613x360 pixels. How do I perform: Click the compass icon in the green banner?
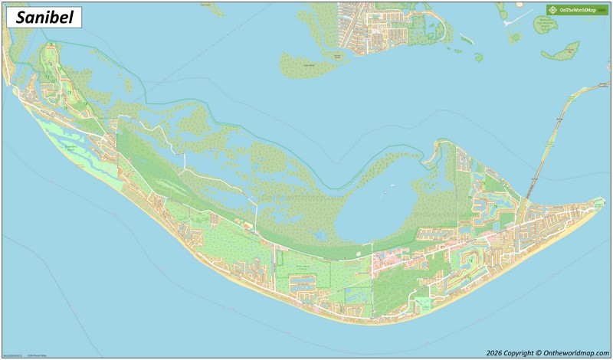tap(552, 10)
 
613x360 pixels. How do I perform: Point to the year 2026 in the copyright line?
tap(497, 352)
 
